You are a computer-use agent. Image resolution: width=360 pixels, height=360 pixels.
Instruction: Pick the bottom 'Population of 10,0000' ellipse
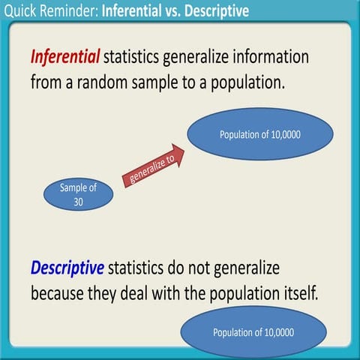(253, 333)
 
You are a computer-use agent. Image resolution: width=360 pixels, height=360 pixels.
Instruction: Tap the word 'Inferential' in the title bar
(133, 11)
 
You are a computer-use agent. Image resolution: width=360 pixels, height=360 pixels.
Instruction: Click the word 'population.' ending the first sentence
(244, 81)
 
